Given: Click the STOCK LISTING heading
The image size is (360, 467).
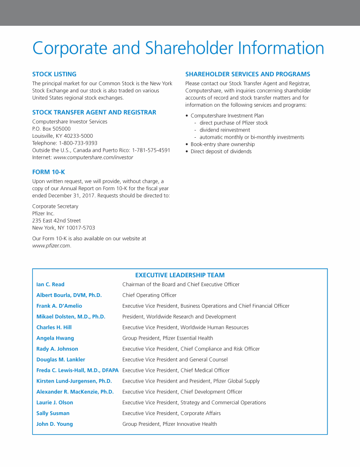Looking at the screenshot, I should click(x=54, y=74).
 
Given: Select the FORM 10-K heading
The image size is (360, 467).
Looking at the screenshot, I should click(x=48, y=172).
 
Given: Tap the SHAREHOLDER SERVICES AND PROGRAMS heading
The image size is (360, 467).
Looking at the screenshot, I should click(x=247, y=74).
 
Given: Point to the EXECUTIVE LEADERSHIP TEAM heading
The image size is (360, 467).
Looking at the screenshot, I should click(x=180, y=275).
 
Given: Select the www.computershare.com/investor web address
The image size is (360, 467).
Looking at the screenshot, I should click(x=93, y=157).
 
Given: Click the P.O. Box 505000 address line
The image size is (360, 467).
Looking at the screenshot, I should click(x=51, y=128).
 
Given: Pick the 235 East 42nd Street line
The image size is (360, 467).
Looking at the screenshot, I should click(x=56, y=220).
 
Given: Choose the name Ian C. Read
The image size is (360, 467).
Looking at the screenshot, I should click(x=50, y=284).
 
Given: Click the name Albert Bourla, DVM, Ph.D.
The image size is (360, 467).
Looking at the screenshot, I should click(x=69, y=295).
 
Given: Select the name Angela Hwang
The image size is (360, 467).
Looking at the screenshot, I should click(x=55, y=338).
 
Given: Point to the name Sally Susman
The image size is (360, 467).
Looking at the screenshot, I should click(x=52, y=413).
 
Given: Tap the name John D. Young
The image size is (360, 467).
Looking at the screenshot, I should click(x=54, y=424).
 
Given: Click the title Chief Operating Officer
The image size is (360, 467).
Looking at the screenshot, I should click(x=149, y=295).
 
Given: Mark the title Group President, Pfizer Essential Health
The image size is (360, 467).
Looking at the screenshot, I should click(x=167, y=338).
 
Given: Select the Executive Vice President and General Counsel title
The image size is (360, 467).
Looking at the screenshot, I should click(x=175, y=360).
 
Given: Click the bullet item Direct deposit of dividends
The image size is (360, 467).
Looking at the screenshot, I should click(x=221, y=152).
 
